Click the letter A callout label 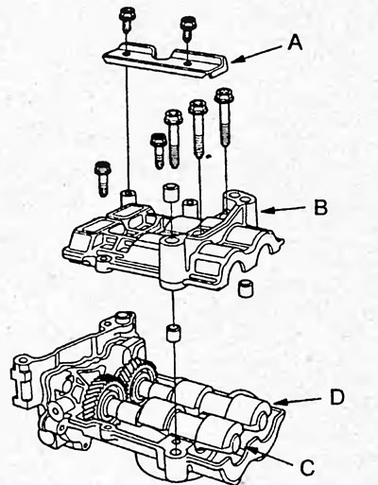(295, 43)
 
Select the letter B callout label (320, 207)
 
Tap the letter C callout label (307, 467)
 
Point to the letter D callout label (336, 398)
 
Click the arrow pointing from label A (256, 54)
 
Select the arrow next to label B (283, 210)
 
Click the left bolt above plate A (127, 19)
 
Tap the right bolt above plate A (188, 27)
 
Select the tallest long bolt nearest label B (224, 117)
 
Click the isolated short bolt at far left (103, 179)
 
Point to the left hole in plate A (127, 54)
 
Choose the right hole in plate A (188, 63)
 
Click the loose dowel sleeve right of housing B (245, 287)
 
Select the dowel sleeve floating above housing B (171, 193)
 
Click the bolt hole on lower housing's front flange (176, 452)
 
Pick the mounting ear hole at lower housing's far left (21, 359)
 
